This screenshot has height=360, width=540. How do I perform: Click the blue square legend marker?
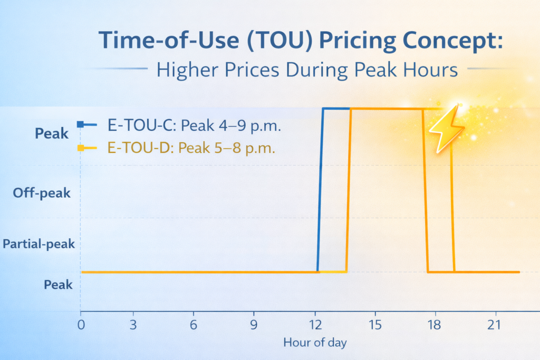pos(80,124)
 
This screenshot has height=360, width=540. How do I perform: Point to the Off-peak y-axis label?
pos(42,193)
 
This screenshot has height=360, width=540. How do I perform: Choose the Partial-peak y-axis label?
pos(38,244)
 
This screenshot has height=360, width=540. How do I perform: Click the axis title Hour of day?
pos(315,343)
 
